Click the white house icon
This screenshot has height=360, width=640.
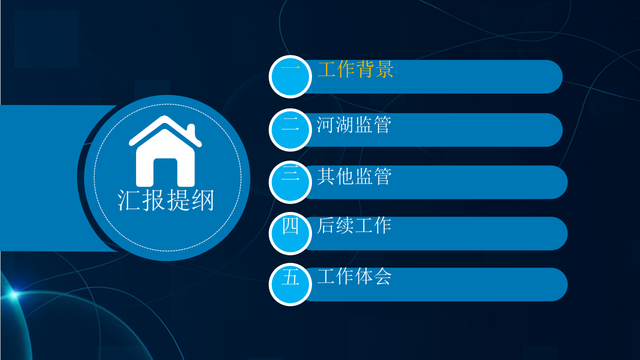[165, 152]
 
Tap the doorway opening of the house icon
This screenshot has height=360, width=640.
[165, 172]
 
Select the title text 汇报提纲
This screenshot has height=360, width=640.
[166, 200]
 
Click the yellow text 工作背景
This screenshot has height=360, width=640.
[355, 70]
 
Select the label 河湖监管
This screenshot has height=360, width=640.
[353, 124]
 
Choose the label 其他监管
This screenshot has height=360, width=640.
[353, 176]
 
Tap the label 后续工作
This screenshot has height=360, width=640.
[353, 225]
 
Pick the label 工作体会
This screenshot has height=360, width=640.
[353, 276]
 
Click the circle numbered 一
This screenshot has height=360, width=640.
[290, 76]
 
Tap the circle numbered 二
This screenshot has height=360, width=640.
[290, 129]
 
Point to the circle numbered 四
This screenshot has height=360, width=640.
[290, 233]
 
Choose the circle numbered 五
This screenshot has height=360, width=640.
[290, 284]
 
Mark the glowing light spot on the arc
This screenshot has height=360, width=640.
[13, 294]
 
